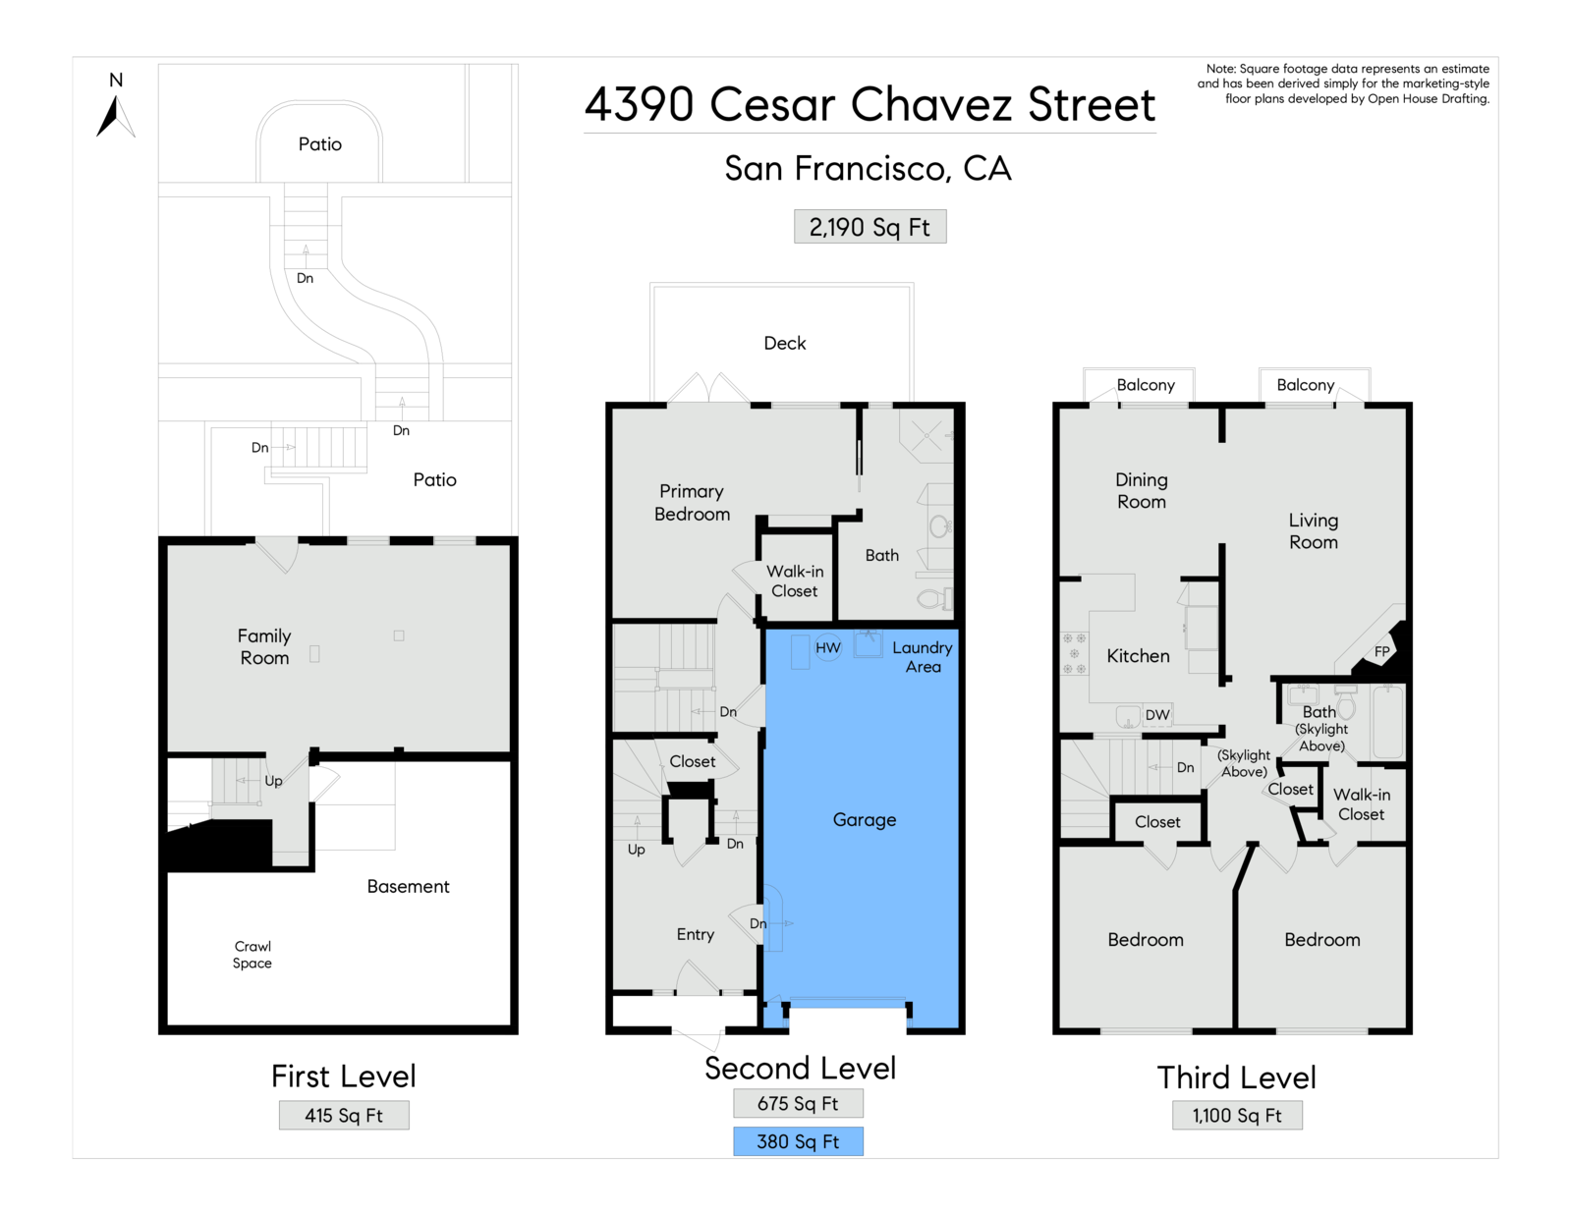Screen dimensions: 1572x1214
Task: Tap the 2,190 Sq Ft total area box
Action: pos(870,227)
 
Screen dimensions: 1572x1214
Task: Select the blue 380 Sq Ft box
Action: pos(798,1141)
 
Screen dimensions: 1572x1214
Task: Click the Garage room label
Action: pos(865,820)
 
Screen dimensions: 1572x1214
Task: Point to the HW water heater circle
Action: pos(828,648)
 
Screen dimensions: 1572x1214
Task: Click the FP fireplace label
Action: pos(1381,651)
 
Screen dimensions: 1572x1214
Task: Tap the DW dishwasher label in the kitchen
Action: pos(1157,714)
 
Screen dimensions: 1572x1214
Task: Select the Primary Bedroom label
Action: pos(692,503)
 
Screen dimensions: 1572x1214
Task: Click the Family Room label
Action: pos(264,646)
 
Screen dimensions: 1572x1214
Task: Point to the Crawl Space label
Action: pos(253,955)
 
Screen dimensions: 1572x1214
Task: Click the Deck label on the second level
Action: pos(785,343)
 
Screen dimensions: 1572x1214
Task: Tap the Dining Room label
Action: pos(1142,490)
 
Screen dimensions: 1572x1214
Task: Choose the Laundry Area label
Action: pos(923,656)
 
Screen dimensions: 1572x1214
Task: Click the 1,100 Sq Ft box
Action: pos(1237,1115)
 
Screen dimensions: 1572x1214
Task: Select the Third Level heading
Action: pos(1236,1077)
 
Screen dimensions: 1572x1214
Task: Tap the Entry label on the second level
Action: pos(696,935)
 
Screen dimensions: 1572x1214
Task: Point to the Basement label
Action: pos(408,887)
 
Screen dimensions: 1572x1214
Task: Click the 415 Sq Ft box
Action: pos(344,1115)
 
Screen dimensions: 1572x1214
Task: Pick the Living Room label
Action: pos(1314,530)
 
